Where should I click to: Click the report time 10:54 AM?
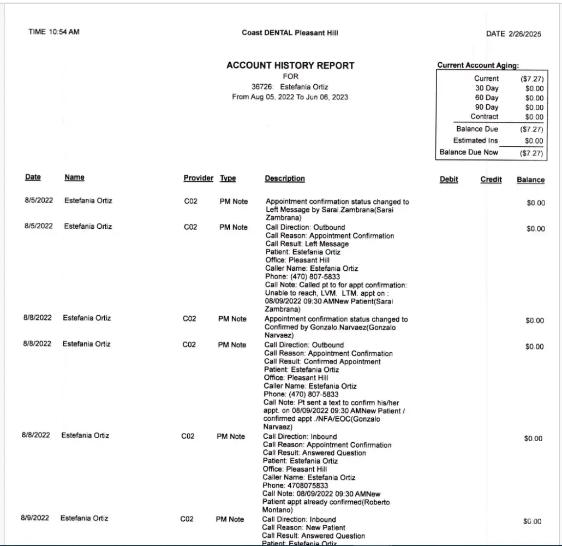(x=53, y=32)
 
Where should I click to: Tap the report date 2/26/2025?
(x=513, y=34)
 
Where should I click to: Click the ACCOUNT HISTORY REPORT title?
(x=290, y=66)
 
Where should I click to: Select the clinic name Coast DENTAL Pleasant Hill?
(x=290, y=33)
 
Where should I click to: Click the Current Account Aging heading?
(x=478, y=65)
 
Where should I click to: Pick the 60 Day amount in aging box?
(x=534, y=98)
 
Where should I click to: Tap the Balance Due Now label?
(x=469, y=152)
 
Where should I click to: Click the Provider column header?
(x=199, y=179)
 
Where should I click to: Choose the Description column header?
(x=285, y=179)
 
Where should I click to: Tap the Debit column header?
(x=449, y=179)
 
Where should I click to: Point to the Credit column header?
(x=491, y=179)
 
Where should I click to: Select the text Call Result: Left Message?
(x=307, y=244)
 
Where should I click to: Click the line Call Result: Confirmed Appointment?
(x=322, y=361)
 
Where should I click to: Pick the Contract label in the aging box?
(x=485, y=117)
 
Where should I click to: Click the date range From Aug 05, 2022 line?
(x=290, y=97)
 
